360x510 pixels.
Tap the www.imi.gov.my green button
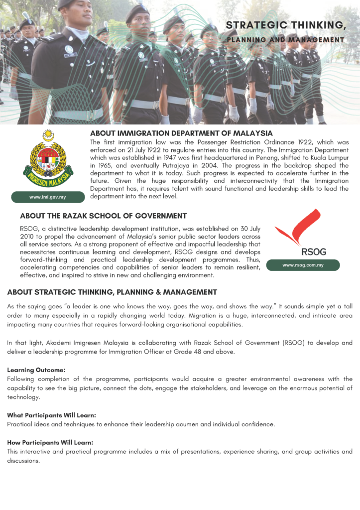click(x=47, y=197)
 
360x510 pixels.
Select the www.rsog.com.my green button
click(x=303, y=265)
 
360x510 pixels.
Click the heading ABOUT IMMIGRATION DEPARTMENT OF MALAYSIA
click(x=181, y=133)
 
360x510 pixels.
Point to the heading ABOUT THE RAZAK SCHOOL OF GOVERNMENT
click(x=103, y=216)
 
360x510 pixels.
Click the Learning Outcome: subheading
click(x=36, y=371)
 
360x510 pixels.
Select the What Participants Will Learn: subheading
click(x=51, y=415)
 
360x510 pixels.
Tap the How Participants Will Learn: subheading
click(x=50, y=442)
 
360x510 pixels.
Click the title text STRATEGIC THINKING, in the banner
click(x=285, y=25)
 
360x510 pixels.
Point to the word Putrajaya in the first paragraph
click(x=168, y=165)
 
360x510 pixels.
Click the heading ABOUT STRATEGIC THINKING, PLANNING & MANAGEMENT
click(x=112, y=292)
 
